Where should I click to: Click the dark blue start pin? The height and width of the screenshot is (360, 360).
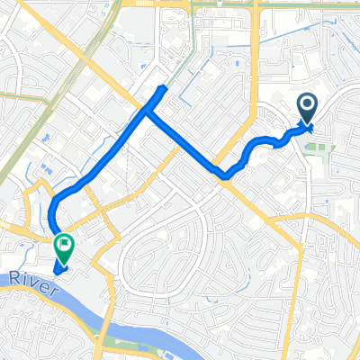click(307, 111)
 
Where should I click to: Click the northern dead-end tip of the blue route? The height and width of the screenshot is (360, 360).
click(163, 88)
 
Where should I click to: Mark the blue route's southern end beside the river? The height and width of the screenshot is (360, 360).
click(58, 266)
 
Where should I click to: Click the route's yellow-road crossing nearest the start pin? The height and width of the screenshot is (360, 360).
click(226, 175)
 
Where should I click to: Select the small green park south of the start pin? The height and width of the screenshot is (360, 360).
click(315, 148)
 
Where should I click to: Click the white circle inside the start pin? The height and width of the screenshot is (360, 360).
click(307, 107)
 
